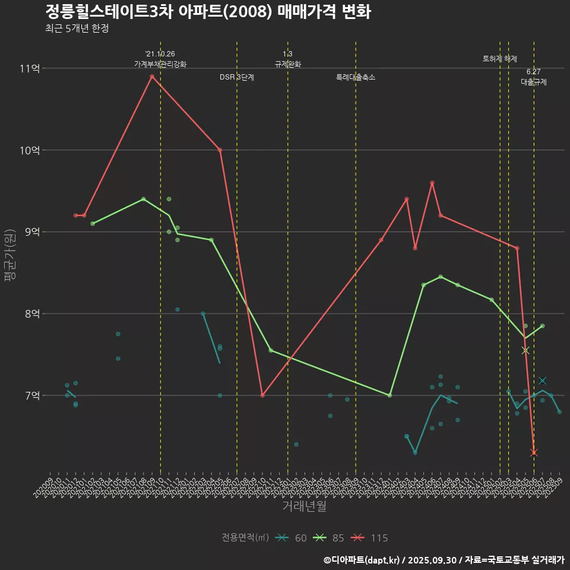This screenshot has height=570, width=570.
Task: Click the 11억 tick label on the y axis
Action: [30, 68]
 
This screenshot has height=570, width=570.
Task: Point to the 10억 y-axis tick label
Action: [30, 150]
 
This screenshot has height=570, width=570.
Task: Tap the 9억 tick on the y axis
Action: [32, 232]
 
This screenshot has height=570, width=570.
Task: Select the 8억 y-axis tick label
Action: [32, 313]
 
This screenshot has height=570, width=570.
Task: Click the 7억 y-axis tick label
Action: [32, 395]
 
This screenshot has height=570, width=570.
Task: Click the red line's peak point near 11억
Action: [152, 76]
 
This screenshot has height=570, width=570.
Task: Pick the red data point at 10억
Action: [220, 150]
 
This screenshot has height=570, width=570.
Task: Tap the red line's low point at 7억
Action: [262, 395]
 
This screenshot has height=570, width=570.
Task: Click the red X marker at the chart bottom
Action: [534, 452]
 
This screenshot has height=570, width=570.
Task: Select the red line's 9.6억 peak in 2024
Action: [432, 183]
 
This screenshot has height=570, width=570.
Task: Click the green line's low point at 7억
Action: [389, 395]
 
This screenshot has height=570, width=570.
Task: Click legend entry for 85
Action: [331, 538]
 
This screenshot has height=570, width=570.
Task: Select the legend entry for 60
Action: [293, 538]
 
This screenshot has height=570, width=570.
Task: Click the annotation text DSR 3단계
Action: [237, 77]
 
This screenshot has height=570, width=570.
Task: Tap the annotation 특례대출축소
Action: [356, 77]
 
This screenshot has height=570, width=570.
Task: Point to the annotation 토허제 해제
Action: [500, 59]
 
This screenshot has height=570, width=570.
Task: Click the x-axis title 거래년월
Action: [304, 506]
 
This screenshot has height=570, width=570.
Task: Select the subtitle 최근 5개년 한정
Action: [77, 28]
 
